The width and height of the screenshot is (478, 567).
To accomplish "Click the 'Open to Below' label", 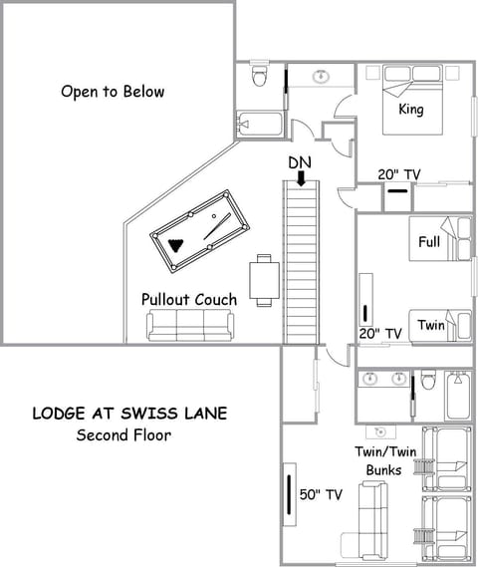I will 113,92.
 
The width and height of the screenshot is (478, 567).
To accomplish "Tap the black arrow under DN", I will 300,178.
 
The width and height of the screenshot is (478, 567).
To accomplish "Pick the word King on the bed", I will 410,109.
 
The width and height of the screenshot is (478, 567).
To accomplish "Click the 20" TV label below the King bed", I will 398,173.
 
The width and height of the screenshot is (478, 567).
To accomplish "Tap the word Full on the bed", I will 429,242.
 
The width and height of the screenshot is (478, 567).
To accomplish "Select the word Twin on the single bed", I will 430,325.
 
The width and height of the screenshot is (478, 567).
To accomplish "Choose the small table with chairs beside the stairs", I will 264,280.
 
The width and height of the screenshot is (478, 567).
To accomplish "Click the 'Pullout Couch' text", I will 188,299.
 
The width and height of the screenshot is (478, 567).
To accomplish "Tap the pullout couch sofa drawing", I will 189,325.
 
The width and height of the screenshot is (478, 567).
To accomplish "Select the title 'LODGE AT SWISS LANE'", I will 135,413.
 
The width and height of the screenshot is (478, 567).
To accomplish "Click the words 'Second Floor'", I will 124,434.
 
